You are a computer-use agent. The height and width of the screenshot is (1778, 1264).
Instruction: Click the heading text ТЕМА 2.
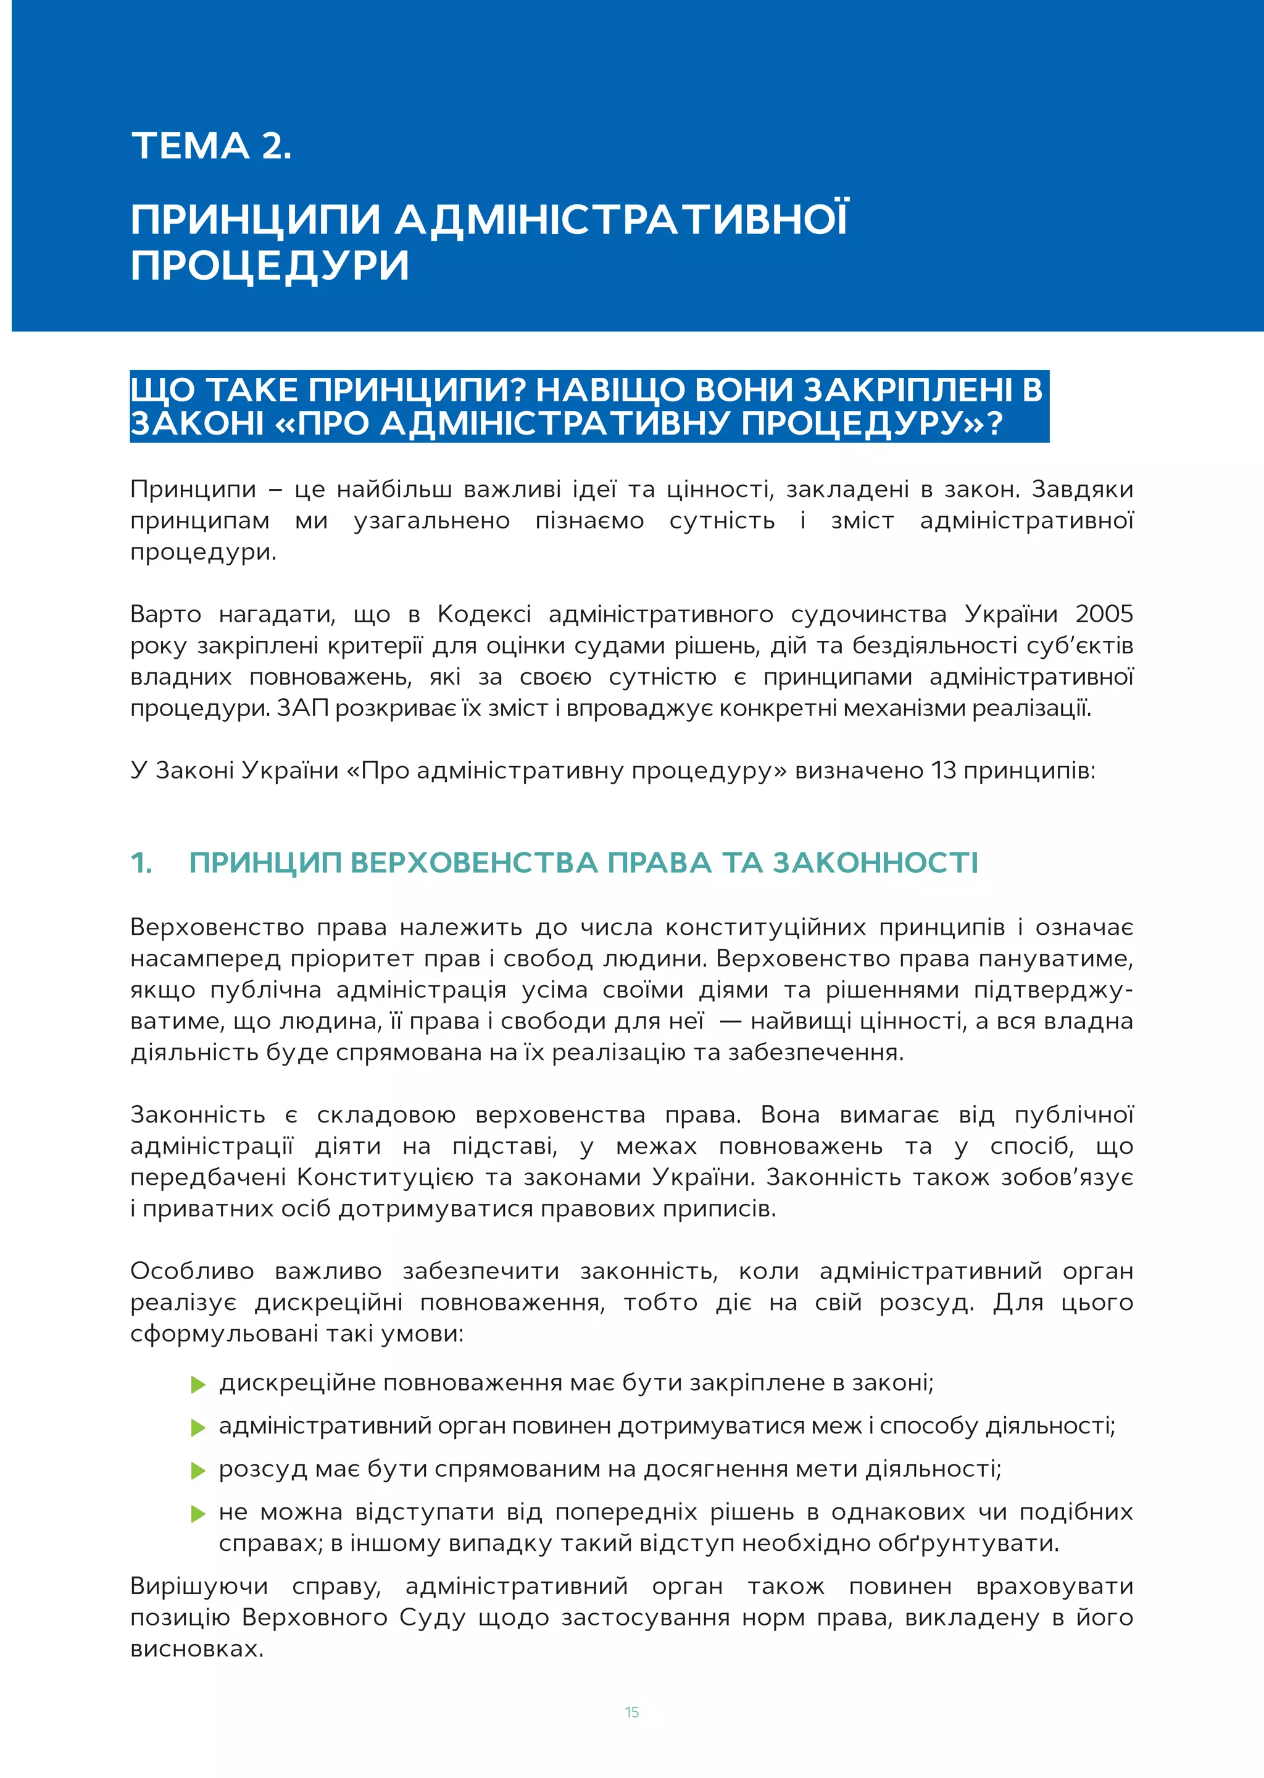211,146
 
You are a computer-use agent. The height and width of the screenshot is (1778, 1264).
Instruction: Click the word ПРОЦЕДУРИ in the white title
269,265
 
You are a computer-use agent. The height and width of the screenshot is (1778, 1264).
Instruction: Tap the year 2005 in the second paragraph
1103,614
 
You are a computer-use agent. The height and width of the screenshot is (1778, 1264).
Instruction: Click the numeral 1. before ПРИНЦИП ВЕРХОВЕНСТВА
141,862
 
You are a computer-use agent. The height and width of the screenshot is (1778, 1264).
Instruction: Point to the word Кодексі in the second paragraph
484,614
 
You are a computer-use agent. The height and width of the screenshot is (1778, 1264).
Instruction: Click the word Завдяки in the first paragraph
1082,489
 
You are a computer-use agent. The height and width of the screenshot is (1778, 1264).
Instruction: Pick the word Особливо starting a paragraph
191,1271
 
